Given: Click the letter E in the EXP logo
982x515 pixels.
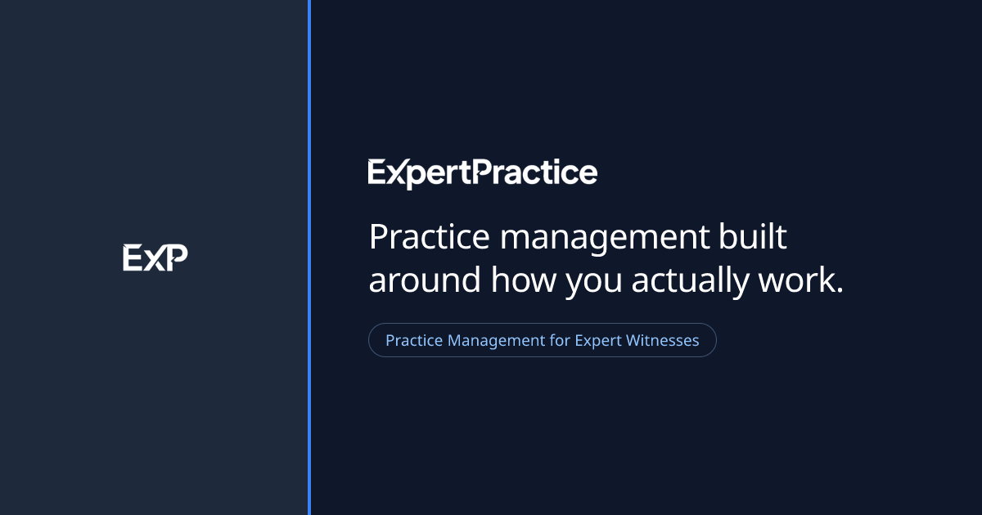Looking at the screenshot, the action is (132, 257).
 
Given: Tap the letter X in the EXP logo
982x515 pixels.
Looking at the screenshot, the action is (155, 260).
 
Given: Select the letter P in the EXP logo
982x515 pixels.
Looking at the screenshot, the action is (177, 257).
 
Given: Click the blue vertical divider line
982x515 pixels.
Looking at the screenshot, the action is (309, 257).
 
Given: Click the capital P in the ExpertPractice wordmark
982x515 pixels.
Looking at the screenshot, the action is (484, 171).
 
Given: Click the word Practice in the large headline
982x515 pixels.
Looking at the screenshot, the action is (429, 236).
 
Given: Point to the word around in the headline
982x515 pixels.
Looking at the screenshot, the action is (425, 280).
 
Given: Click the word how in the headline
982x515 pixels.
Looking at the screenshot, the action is (524, 280).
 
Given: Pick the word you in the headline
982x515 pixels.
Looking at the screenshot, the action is (593, 284).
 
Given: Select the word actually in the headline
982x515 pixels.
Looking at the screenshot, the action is (690, 282).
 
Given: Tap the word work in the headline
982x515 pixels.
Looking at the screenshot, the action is (796, 280).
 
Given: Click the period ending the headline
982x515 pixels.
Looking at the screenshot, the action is (840, 289).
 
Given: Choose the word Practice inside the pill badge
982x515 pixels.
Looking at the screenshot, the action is (414, 340).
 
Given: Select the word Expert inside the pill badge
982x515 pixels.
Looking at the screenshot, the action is (598, 342).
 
